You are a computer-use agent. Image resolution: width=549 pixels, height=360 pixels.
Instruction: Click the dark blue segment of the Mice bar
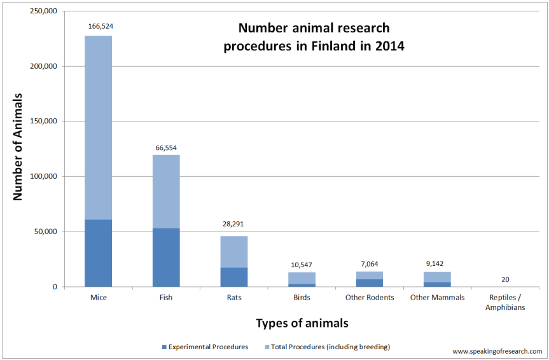coord(98,253)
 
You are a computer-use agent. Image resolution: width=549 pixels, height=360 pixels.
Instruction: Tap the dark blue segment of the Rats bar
coord(234,277)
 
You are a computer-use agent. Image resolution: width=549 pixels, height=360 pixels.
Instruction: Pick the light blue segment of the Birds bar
coord(302,278)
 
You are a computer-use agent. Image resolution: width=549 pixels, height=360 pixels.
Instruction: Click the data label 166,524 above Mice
coord(99,27)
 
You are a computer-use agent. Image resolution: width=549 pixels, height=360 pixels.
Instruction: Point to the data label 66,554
coord(166,148)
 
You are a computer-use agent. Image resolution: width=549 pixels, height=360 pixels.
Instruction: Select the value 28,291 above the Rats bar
coord(234,224)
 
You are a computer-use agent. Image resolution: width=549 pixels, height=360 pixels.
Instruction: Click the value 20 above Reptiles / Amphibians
coord(505,279)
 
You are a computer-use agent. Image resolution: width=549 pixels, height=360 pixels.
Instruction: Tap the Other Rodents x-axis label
coord(370,297)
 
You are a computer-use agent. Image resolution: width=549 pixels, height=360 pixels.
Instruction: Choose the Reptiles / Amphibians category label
coord(505,301)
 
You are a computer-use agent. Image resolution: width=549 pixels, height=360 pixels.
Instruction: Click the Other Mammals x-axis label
coord(437,297)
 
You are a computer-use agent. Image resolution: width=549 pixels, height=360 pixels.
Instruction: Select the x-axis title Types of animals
coord(302,323)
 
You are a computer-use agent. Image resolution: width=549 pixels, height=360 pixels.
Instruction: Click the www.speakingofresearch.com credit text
coord(497,351)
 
